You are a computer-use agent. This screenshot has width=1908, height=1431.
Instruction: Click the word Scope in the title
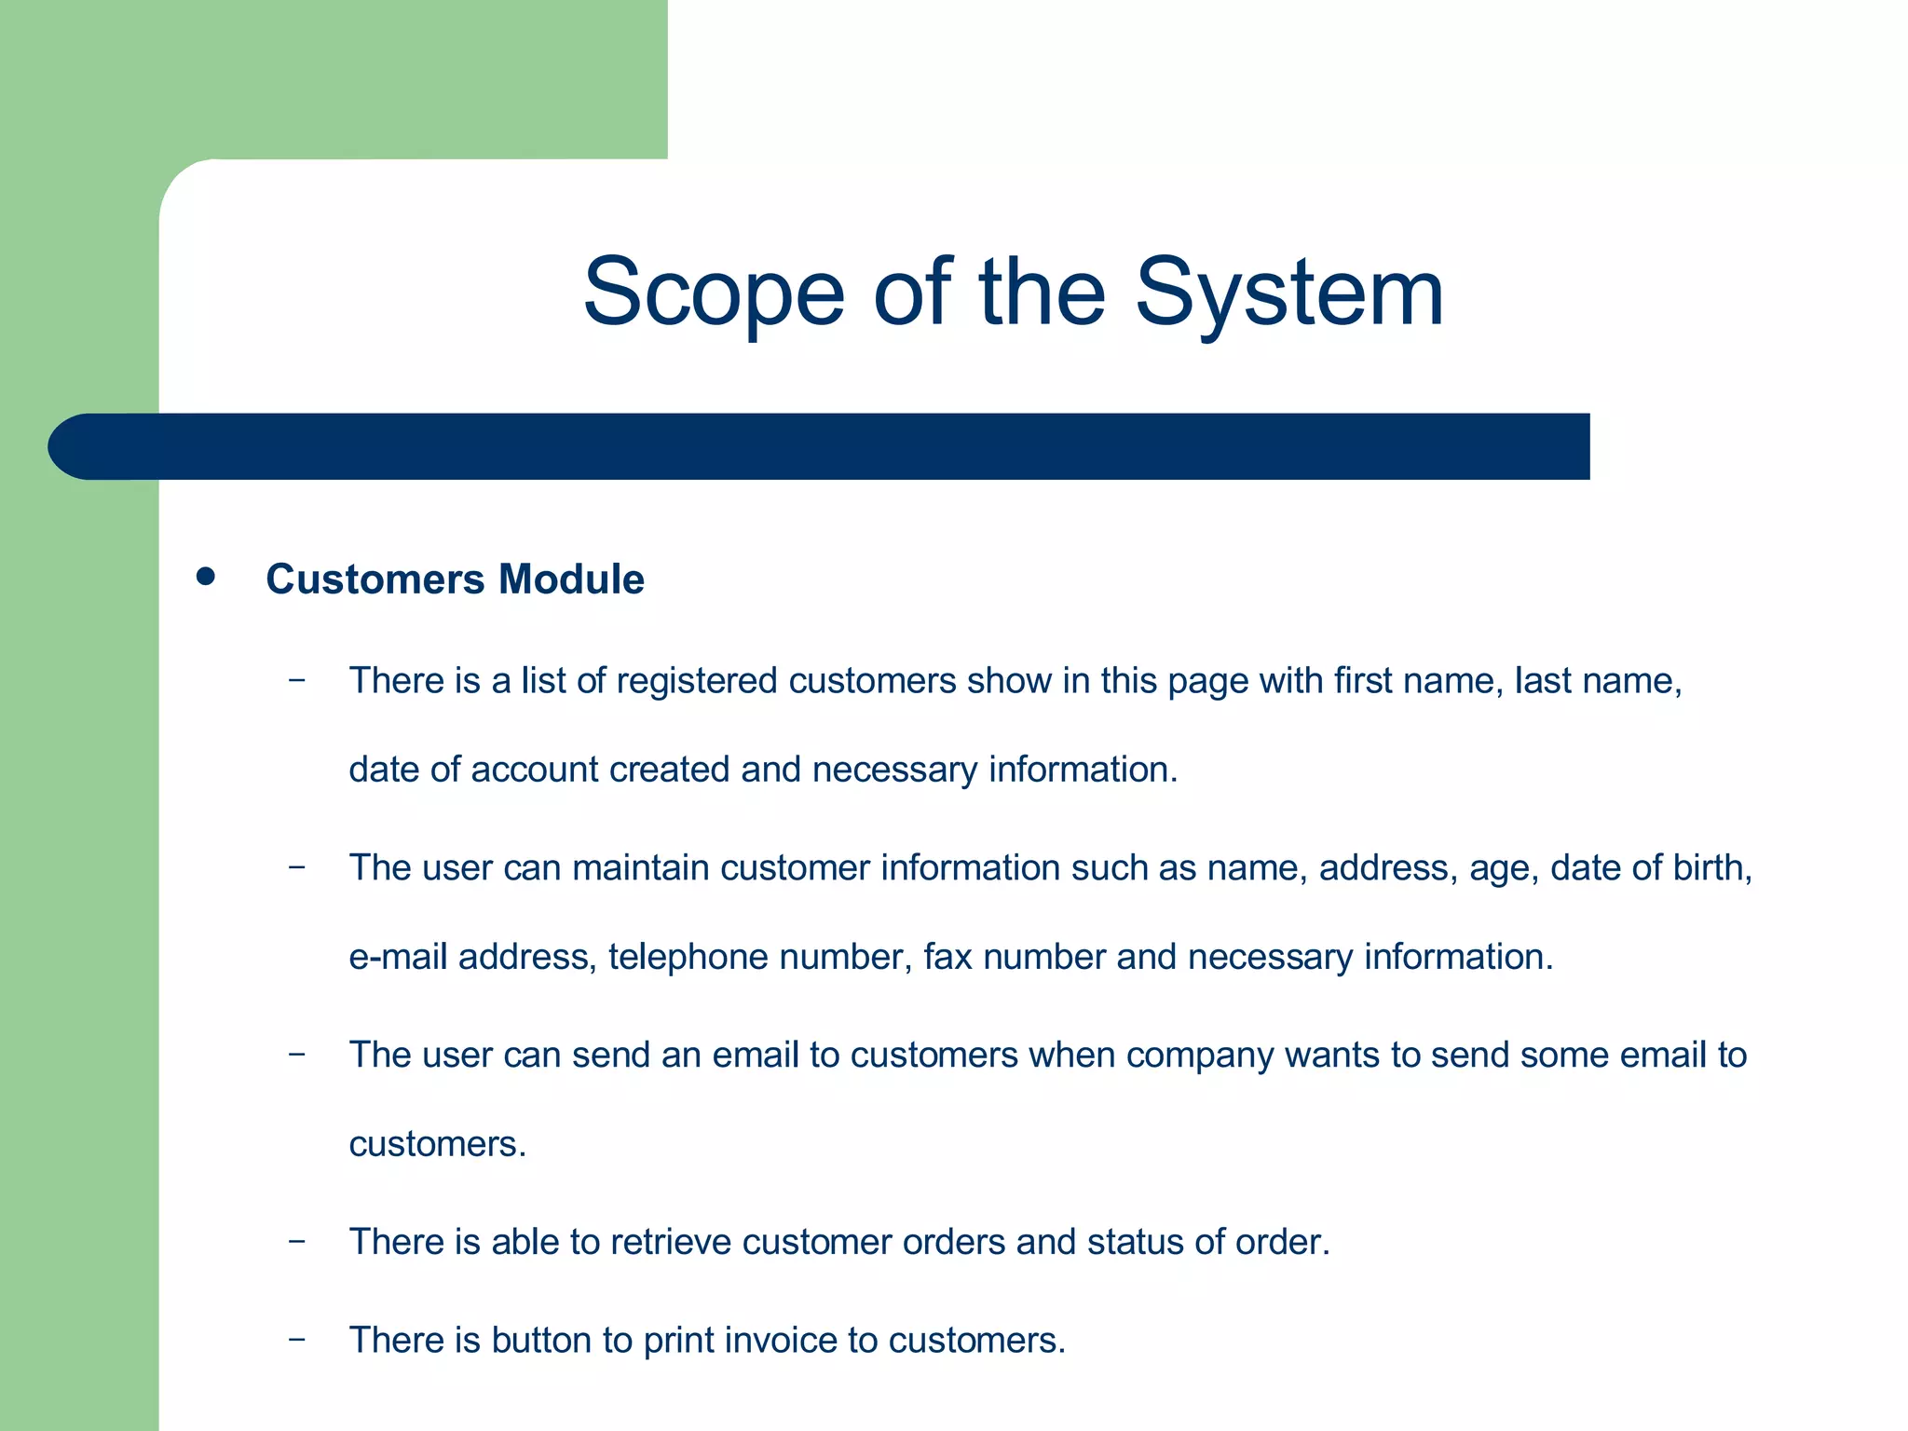[x=714, y=294]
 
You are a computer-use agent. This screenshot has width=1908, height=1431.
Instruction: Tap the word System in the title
[x=1289, y=294]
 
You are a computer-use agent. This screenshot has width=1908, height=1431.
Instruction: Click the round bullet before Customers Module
[x=206, y=577]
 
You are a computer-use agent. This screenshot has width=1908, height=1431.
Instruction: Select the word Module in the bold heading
[x=571, y=579]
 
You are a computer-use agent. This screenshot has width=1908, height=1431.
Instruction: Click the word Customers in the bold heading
[x=375, y=579]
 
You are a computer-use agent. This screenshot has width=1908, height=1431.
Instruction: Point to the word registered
[x=697, y=682]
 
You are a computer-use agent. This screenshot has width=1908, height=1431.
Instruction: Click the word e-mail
[x=398, y=958]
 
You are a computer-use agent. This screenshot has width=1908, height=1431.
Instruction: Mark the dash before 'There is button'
[x=296, y=1340]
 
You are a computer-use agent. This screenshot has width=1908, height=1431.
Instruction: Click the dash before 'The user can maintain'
[x=296, y=867]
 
